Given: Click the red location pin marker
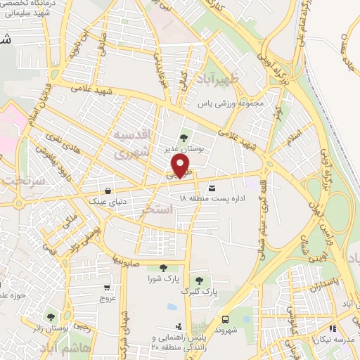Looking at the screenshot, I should coord(181,165).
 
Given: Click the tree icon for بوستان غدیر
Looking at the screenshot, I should coord(184,138).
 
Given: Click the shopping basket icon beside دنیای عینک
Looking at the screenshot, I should coord(107,190).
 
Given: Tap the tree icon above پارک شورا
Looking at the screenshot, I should coord(162,267).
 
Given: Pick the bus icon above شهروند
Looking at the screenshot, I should coord(226,318).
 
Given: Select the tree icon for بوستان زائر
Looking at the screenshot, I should coord(50,316).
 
